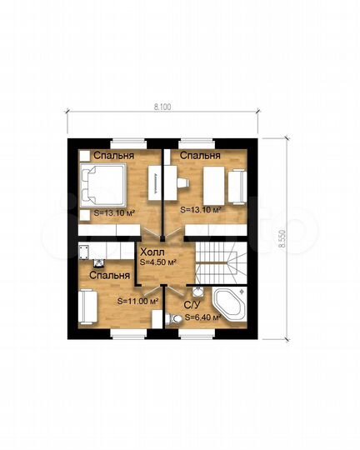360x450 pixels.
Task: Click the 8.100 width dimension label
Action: click(162, 107)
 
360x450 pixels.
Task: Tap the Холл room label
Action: click(152, 252)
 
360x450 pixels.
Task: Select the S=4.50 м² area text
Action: click(157, 262)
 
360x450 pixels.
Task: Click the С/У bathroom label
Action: click(192, 306)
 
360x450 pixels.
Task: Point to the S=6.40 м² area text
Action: click(202, 317)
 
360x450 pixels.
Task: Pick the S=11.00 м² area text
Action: click(138, 301)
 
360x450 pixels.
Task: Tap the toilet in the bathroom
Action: click(174, 319)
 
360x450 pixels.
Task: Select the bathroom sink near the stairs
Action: click(197, 292)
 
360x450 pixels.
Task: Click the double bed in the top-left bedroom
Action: click(103, 185)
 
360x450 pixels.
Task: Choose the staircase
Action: click(221, 262)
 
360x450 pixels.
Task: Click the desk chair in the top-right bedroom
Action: click(182, 182)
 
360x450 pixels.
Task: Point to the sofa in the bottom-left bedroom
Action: click(87, 307)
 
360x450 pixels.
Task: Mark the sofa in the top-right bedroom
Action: click(237, 187)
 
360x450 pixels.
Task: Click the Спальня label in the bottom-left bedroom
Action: click(110, 276)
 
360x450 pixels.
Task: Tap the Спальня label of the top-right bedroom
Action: click(200, 156)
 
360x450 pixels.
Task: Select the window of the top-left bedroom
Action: click(127, 142)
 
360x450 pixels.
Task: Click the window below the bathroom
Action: click(197, 333)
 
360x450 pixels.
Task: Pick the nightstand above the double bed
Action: click(85, 156)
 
